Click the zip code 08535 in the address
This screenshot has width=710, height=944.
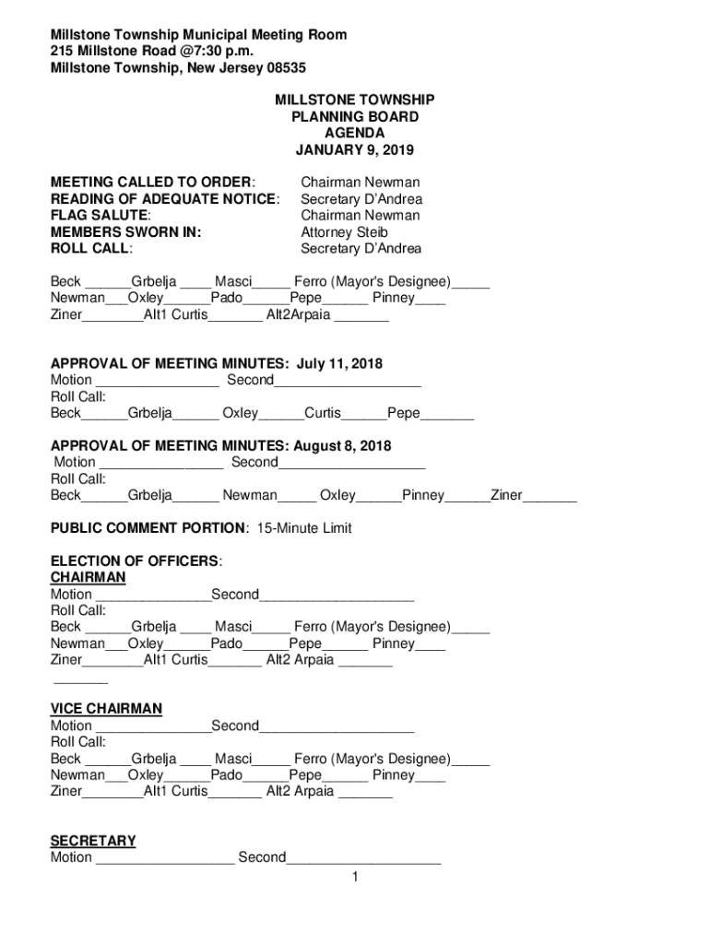pyautogui.click(x=284, y=68)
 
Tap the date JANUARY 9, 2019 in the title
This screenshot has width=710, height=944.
pyautogui.click(x=354, y=150)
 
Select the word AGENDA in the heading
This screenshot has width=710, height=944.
pyautogui.click(x=354, y=134)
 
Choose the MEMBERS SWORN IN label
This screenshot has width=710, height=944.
pyautogui.click(x=126, y=232)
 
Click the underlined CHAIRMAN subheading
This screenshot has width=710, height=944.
pyautogui.click(x=88, y=578)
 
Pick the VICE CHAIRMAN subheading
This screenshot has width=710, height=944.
pyautogui.click(x=106, y=709)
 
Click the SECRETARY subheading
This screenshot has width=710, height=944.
pyautogui.click(x=93, y=841)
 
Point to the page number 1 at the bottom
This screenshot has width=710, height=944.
pyautogui.click(x=354, y=877)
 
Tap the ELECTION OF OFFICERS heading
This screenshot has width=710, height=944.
pyautogui.click(x=136, y=561)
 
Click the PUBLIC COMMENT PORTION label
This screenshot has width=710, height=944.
pyautogui.click(x=148, y=528)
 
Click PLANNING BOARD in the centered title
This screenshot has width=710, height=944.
pyautogui.click(x=354, y=117)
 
